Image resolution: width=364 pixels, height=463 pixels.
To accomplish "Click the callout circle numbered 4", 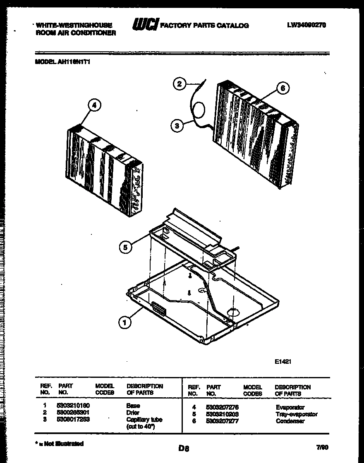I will pyautogui.click(x=94, y=106).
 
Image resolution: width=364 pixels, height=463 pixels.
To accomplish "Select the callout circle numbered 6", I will pyautogui.click(x=282, y=88).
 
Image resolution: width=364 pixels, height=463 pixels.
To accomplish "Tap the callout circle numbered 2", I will pyautogui.click(x=179, y=84).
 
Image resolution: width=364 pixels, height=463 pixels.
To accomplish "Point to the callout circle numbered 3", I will pyautogui.click(x=177, y=126).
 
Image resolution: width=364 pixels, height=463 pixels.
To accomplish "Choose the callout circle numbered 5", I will pyautogui.click(x=126, y=247).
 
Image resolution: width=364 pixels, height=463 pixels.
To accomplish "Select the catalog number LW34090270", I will pyautogui.click(x=307, y=25).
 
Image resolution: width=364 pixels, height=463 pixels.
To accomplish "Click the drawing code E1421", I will pyautogui.click(x=284, y=361).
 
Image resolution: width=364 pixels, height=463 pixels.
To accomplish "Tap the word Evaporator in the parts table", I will pyautogui.click(x=290, y=407).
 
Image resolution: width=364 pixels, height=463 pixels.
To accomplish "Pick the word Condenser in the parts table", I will pyautogui.click(x=290, y=421).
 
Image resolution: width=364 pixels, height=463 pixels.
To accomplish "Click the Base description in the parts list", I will pyautogui.click(x=133, y=406).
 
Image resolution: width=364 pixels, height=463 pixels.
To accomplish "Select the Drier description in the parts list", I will pyautogui.click(x=133, y=413).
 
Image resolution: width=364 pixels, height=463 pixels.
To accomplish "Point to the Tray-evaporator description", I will pyautogui.click(x=296, y=414).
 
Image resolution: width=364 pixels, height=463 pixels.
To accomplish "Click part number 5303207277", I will pyautogui.click(x=222, y=421).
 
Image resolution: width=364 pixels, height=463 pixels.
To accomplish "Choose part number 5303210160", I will pyautogui.click(x=73, y=406).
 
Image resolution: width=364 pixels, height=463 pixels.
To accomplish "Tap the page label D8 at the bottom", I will pyautogui.click(x=184, y=448).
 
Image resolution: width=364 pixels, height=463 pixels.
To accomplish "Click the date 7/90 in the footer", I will pyautogui.click(x=321, y=447).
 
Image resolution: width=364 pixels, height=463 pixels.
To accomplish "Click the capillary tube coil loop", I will pyautogui.click(x=199, y=111).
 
